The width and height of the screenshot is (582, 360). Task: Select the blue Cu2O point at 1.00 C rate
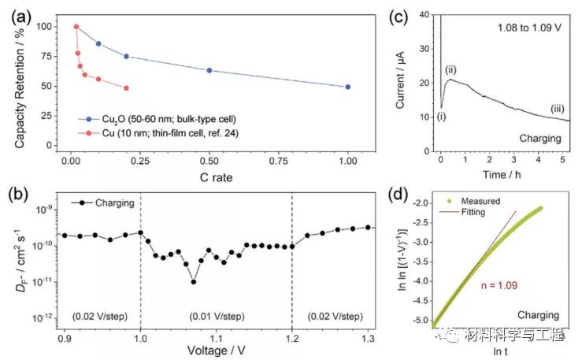347,87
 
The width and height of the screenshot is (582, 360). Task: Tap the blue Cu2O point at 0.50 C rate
209,70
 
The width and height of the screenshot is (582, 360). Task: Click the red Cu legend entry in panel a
161,133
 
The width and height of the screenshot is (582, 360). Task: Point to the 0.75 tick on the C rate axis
278,159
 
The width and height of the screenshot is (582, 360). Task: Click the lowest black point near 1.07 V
194,281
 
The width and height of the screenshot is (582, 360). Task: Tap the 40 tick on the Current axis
429,14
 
